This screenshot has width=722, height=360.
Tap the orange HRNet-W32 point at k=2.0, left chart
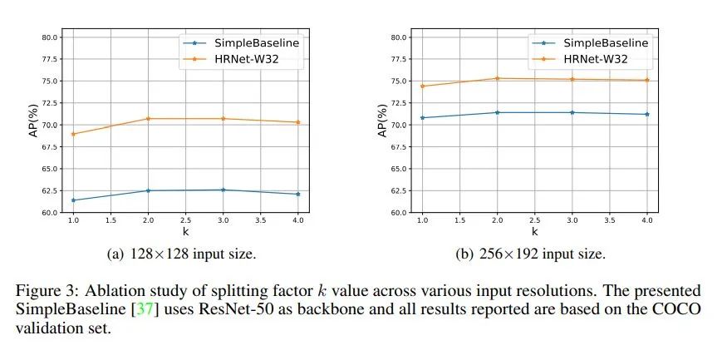point(148,119)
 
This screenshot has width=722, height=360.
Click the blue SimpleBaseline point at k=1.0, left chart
point(73,200)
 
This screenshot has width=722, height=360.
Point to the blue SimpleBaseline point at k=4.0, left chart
point(297,195)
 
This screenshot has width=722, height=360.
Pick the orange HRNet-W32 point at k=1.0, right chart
point(422,86)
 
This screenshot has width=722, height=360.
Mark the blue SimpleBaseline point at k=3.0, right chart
point(572,112)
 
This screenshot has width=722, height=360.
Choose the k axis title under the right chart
point(534,232)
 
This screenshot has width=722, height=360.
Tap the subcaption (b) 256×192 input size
point(534,253)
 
